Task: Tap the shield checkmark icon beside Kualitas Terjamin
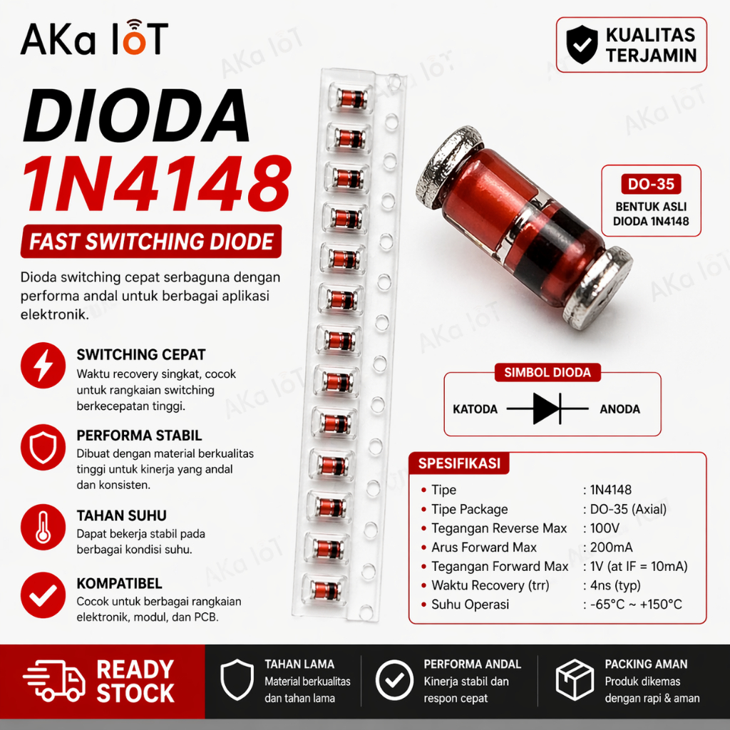tap(582, 45)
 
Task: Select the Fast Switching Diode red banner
tap(151, 241)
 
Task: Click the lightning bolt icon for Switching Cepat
tap(43, 366)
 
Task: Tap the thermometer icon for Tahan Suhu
tap(43, 527)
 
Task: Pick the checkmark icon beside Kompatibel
tap(43, 595)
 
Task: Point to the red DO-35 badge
tap(651, 185)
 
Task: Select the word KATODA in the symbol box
tap(475, 409)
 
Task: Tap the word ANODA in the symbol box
tap(620, 409)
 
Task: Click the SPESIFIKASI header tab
tap(459, 463)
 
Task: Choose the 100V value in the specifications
tap(605, 528)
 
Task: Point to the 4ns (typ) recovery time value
tap(615, 585)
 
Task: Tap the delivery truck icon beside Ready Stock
tap(54, 680)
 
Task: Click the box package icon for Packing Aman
tap(575, 680)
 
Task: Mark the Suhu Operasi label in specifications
tap(470, 605)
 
